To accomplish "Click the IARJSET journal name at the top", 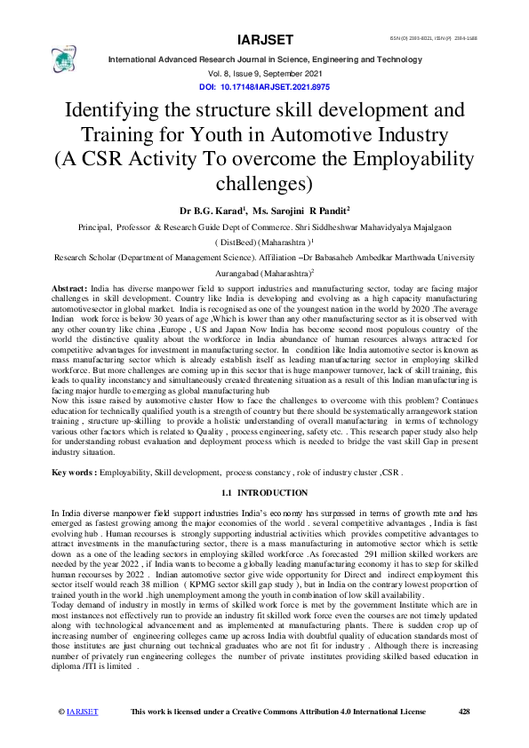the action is point(264,40).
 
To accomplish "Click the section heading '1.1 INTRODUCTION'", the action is point(264,492).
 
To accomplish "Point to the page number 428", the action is point(463,736).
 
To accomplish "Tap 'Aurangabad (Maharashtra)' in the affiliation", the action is point(264,276).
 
